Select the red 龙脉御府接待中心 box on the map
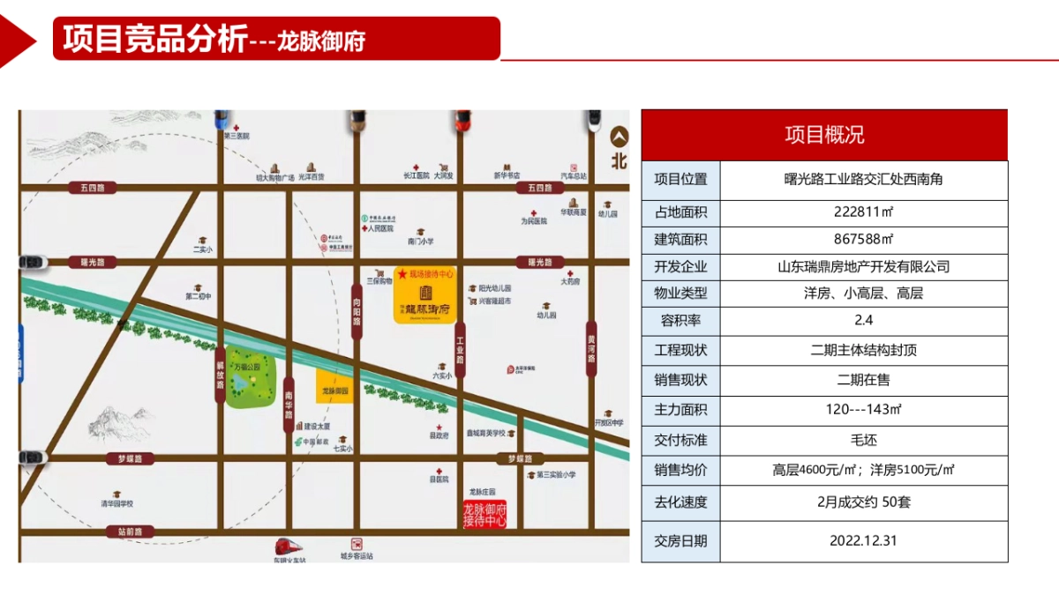(x=484, y=515)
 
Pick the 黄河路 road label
(x=591, y=349)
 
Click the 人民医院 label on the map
(x=376, y=227)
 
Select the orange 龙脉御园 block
(x=335, y=386)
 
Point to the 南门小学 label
(x=421, y=241)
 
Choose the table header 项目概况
(x=824, y=135)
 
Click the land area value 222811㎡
(x=863, y=212)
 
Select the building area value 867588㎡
(x=863, y=239)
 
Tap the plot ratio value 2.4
(x=863, y=320)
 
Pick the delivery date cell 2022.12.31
(x=863, y=540)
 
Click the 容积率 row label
(x=680, y=320)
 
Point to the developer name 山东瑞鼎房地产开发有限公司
(x=863, y=266)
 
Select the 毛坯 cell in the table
(x=863, y=439)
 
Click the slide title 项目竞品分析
(x=154, y=39)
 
